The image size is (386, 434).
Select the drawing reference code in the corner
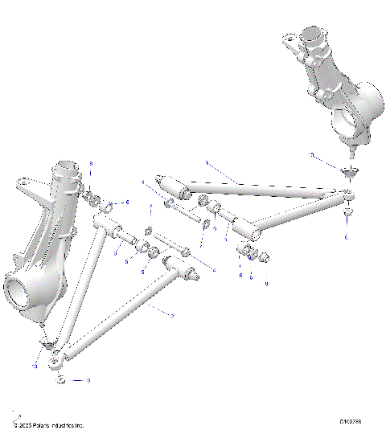[x=351, y=420]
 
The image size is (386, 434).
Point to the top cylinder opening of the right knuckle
[x=309, y=36]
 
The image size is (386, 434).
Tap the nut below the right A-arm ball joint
[x=347, y=215]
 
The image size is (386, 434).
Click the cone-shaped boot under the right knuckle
[x=347, y=170]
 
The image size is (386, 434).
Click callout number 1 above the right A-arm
[x=207, y=163]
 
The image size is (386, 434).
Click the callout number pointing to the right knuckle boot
[x=312, y=154]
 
